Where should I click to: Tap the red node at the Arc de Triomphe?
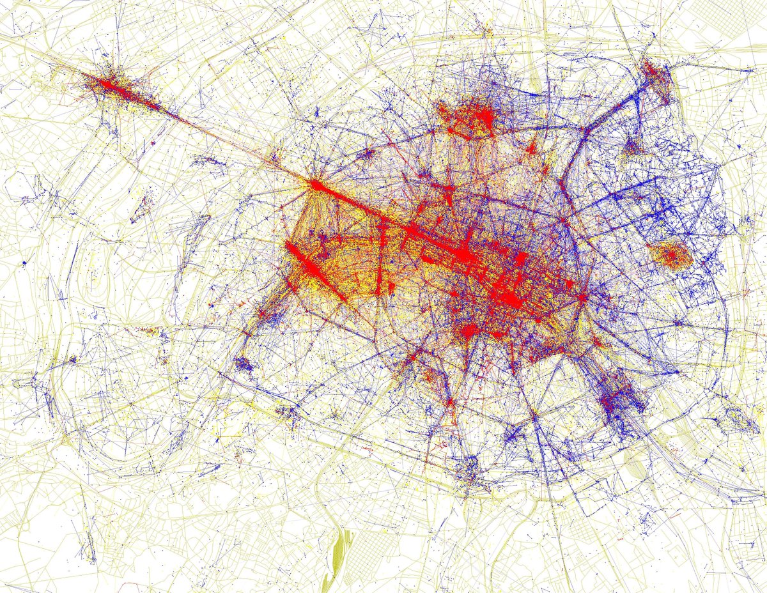point(316,185)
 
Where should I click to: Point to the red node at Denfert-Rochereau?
point(450,402)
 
